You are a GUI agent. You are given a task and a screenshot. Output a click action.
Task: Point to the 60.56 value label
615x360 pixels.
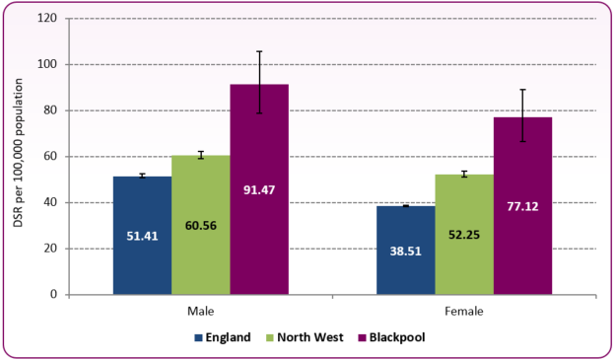pyautogui.click(x=200, y=225)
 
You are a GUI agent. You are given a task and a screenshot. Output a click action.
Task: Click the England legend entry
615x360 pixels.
pyautogui.click(x=228, y=336)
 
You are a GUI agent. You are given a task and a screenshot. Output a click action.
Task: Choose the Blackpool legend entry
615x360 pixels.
pyautogui.click(x=387, y=336)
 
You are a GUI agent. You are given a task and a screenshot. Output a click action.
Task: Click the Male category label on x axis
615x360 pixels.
pyautogui.click(x=201, y=310)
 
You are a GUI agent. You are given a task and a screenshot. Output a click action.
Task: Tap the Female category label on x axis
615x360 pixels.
pyautogui.click(x=463, y=310)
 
